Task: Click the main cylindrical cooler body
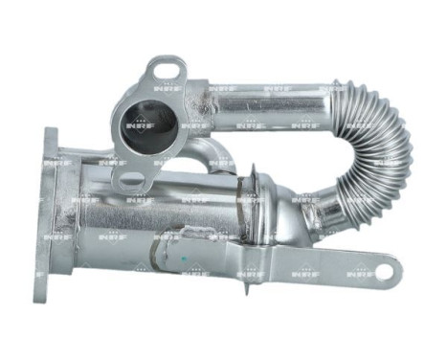click(144, 211)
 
